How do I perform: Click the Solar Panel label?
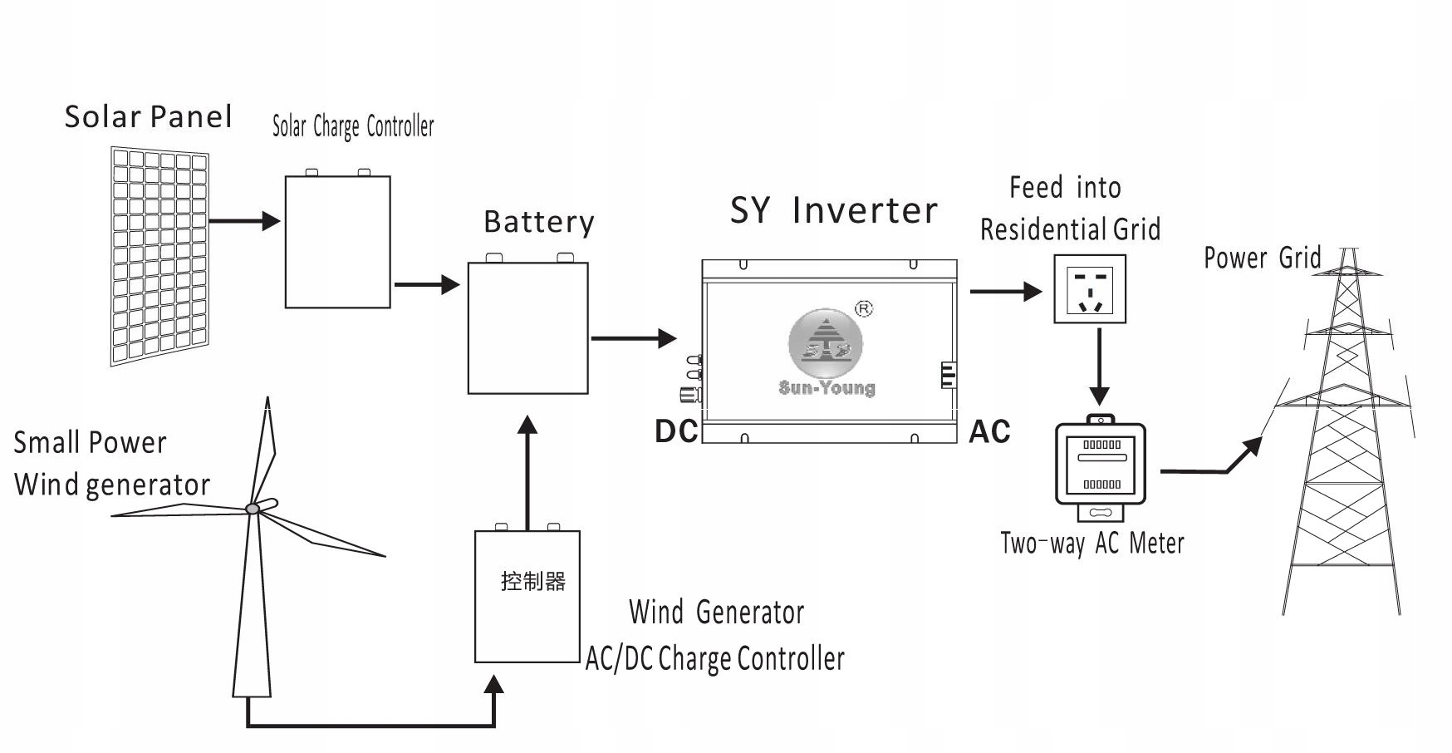pos(148,117)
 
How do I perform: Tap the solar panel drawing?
pos(159,257)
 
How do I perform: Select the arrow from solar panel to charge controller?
pos(244,221)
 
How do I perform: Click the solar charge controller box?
pos(337,242)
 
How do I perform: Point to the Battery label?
pos(539,222)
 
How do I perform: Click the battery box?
pos(527,327)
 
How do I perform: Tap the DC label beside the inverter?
pos(676,431)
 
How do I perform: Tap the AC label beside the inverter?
pos(989,431)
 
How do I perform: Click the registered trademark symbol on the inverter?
pos(864,309)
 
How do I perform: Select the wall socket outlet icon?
pos(1091,288)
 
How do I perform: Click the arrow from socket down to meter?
pos(1100,367)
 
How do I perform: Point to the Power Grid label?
pos(1262,258)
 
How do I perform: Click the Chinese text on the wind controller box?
pos(532,580)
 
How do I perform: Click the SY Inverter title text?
pos(833,210)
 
